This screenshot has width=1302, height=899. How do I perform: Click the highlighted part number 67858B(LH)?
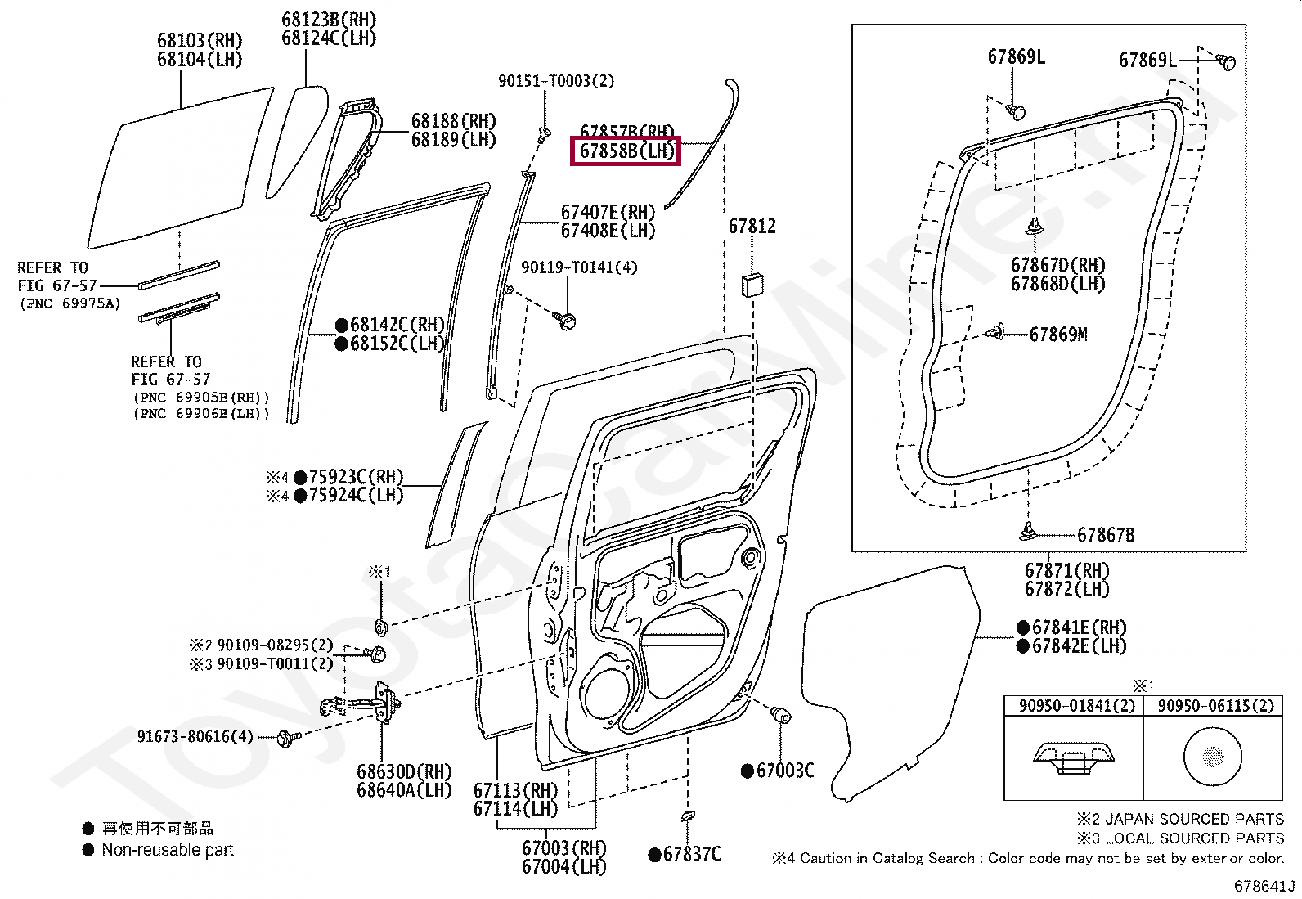click(x=626, y=151)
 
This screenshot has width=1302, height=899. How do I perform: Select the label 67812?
click(x=752, y=227)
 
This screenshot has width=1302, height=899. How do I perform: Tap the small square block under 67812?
click(x=752, y=285)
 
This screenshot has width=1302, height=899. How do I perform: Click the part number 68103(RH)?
click(x=200, y=41)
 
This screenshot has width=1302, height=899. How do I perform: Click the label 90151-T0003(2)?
click(x=556, y=81)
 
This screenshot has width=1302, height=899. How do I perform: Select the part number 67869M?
click(x=1058, y=335)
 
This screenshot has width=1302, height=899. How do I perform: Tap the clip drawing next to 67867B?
click(x=1028, y=532)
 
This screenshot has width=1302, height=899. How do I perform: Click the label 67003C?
click(x=784, y=771)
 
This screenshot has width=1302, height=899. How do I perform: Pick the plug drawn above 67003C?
click(x=780, y=714)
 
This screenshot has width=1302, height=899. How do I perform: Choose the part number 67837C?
click(x=691, y=855)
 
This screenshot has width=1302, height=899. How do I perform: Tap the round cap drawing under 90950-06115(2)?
click(x=1212, y=756)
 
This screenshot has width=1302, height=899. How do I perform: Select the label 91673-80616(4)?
click(x=195, y=737)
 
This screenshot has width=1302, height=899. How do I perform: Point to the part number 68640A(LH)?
click(x=404, y=790)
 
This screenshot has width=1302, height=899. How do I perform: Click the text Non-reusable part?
click(x=168, y=850)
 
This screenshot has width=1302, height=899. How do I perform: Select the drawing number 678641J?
click(x=1264, y=886)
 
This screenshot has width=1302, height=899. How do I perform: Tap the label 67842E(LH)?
click(x=1079, y=646)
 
